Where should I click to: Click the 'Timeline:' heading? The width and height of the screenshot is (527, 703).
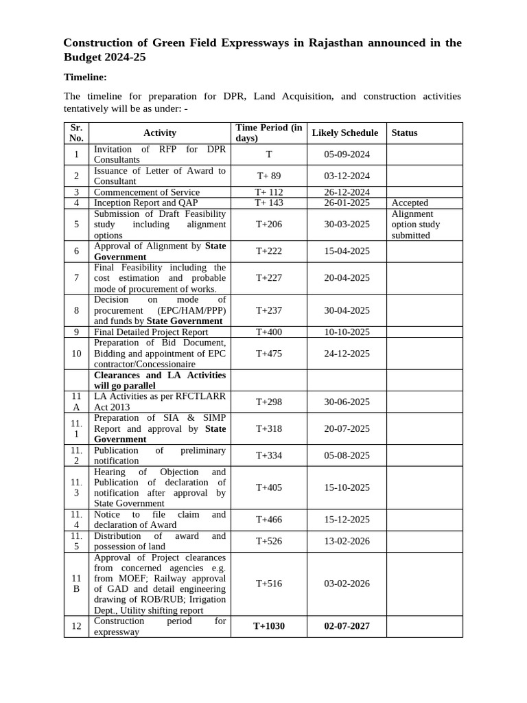click(85, 77)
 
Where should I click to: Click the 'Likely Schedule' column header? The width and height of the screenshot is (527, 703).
click(344, 133)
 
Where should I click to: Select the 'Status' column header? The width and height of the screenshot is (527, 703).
click(404, 133)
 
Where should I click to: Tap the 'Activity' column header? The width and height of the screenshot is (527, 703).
click(160, 133)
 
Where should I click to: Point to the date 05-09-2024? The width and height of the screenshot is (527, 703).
click(347, 154)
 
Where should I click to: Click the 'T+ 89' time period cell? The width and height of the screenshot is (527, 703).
click(268, 176)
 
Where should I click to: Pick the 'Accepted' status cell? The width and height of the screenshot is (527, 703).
click(410, 203)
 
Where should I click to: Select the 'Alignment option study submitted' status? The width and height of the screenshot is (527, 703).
click(416, 224)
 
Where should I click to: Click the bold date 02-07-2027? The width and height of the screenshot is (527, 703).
click(347, 626)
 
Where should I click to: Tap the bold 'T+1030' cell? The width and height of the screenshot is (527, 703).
click(268, 626)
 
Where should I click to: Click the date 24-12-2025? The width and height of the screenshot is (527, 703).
click(347, 354)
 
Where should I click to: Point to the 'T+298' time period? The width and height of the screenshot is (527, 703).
click(268, 402)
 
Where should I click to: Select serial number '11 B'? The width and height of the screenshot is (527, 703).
click(76, 584)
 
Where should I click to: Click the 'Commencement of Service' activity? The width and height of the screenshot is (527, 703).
click(147, 192)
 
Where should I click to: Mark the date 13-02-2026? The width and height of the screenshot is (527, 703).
click(347, 541)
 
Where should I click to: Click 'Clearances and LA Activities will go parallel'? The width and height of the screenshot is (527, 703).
click(159, 380)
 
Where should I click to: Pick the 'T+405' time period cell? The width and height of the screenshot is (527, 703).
click(268, 487)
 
